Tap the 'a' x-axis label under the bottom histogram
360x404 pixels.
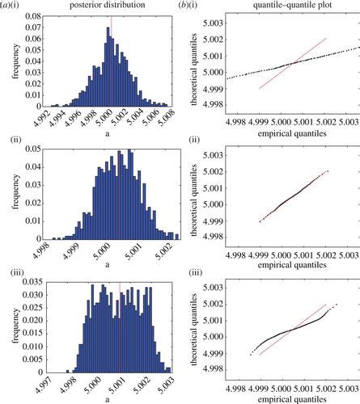click(110, 397)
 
